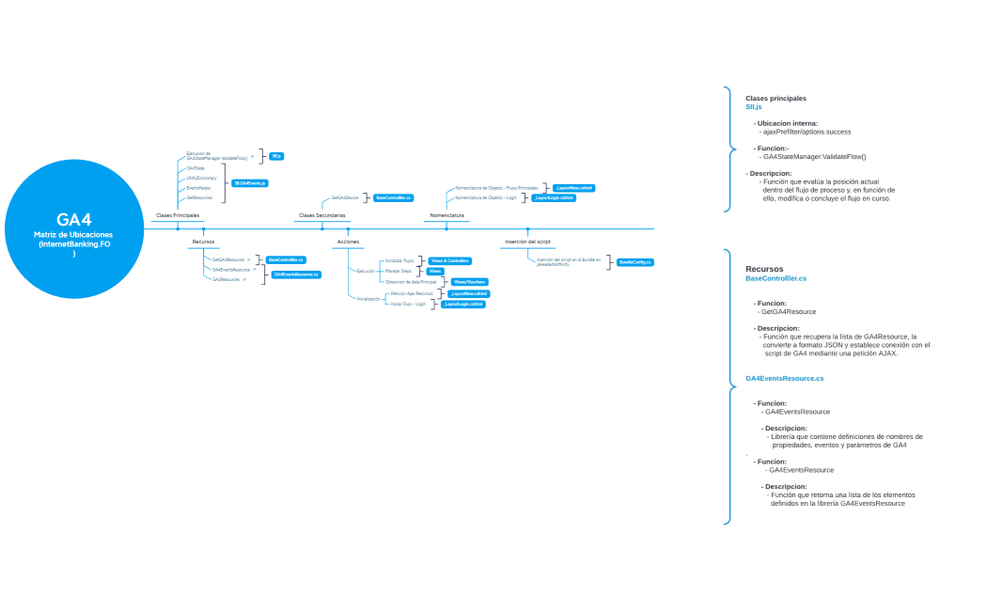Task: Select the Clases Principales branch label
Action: click(x=177, y=215)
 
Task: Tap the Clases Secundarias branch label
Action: click(x=321, y=215)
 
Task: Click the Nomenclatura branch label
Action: click(x=446, y=215)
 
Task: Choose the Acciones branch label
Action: click(x=348, y=242)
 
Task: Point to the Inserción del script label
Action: click(x=527, y=242)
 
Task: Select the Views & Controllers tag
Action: click(x=449, y=260)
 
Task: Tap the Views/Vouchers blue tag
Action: click(x=469, y=282)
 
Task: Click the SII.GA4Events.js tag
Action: click(x=251, y=182)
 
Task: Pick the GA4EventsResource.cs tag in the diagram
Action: click(x=296, y=274)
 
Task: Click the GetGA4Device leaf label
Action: click(x=345, y=198)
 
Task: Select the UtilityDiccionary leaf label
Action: click(x=201, y=178)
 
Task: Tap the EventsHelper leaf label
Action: click(x=198, y=188)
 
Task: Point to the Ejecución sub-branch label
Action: click(x=366, y=271)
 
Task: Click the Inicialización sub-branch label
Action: click(x=368, y=299)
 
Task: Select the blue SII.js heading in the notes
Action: click(x=753, y=107)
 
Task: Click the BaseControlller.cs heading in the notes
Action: click(x=775, y=279)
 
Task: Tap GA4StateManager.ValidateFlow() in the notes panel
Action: click(x=815, y=156)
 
